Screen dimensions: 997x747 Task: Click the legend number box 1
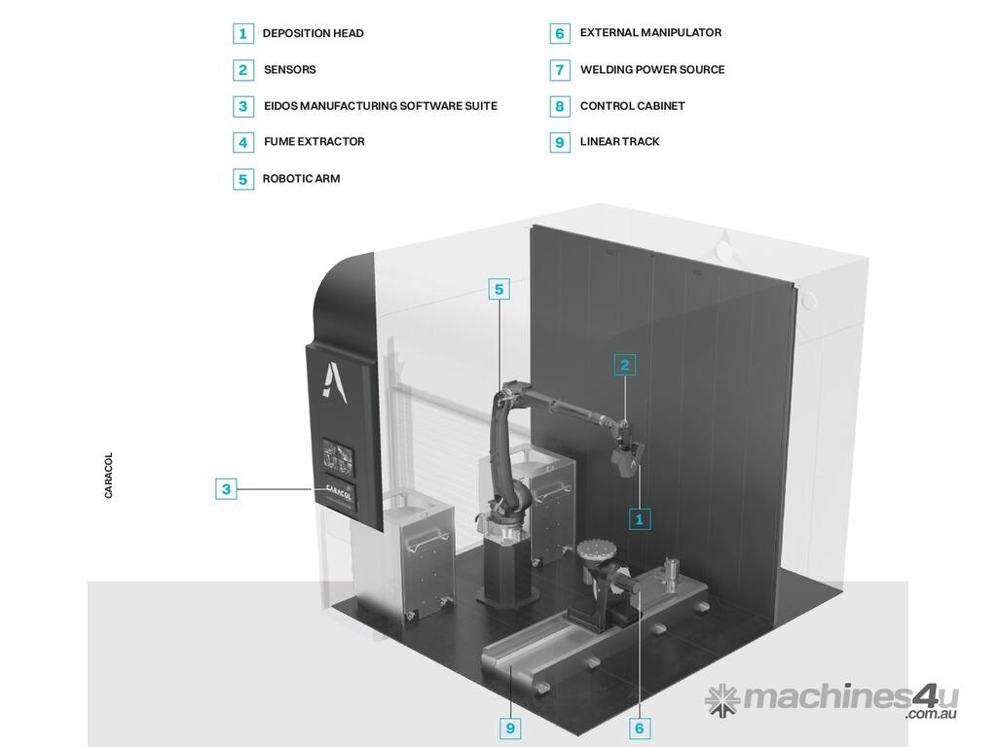pos(242,33)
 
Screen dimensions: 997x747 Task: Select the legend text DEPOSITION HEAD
pos(313,33)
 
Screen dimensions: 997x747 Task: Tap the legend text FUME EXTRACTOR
pos(314,142)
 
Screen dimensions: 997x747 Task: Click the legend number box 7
pos(560,70)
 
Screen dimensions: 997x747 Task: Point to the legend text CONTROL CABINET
pos(632,106)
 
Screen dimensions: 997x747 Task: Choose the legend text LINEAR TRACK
pos(619,142)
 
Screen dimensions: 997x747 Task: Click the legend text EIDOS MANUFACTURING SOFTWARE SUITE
pos(381,106)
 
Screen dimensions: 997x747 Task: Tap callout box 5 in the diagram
pos(499,290)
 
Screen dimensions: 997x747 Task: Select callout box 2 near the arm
pos(624,366)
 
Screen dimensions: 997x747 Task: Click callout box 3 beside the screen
pos(226,489)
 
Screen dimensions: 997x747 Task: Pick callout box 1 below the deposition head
pos(640,519)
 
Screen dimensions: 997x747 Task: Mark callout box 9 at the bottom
pos(510,728)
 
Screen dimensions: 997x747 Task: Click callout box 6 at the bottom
pos(640,728)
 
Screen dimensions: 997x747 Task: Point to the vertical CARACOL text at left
pos(108,475)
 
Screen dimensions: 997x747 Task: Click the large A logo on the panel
pos(334,381)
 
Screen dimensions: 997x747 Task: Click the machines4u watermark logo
pos(831,700)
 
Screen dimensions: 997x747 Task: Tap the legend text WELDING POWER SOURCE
pos(651,70)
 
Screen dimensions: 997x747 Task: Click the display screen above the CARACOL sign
pos(338,456)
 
